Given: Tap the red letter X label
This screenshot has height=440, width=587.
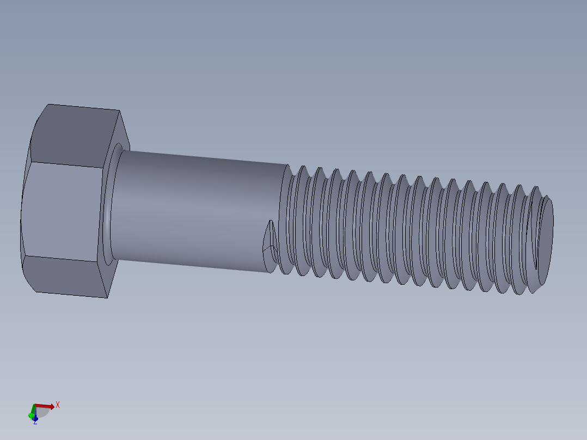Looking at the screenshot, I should tap(57, 405).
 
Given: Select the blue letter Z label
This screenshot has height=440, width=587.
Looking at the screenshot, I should tap(35, 421).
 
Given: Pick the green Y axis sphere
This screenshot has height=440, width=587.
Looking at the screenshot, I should tap(31, 415).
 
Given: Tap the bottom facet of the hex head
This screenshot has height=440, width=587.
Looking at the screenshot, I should tap(65, 277).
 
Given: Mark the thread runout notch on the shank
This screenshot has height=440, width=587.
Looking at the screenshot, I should tap(270, 240).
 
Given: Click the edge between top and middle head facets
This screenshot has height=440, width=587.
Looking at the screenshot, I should tap(65, 164).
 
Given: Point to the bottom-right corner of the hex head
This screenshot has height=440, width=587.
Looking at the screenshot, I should tap(106, 297).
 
